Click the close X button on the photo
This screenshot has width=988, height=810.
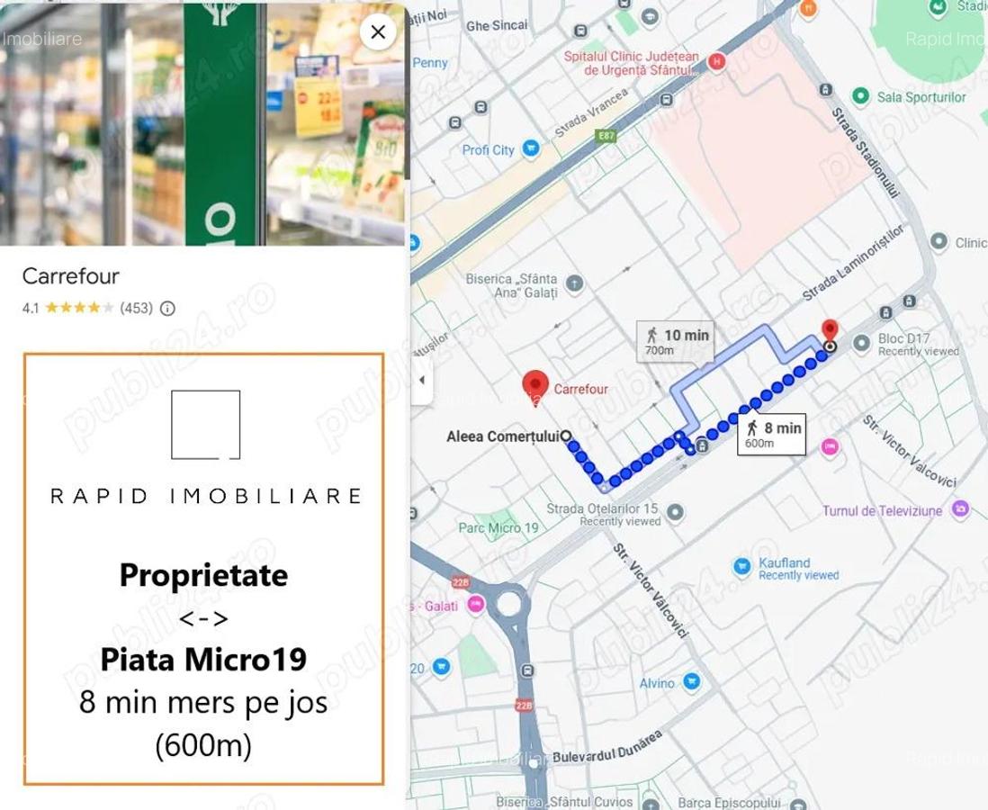tap(378, 33)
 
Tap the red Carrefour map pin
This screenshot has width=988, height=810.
tap(536, 384)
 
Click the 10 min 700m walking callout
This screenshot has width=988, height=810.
tap(675, 341)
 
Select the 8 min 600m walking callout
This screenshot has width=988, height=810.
tap(769, 435)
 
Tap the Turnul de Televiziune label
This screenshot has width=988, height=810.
tap(882, 511)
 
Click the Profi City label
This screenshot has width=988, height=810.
tap(488, 150)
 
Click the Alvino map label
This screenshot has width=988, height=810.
tap(656, 684)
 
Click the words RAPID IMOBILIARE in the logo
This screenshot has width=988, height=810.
tap(206, 496)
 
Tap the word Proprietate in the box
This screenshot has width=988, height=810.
tap(203, 575)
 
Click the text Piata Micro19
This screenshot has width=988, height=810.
tap(203, 660)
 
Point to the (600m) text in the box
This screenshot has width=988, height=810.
tap(203, 744)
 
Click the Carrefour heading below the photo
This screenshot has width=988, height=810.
tap(70, 276)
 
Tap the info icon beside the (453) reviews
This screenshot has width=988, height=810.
tap(167, 309)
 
